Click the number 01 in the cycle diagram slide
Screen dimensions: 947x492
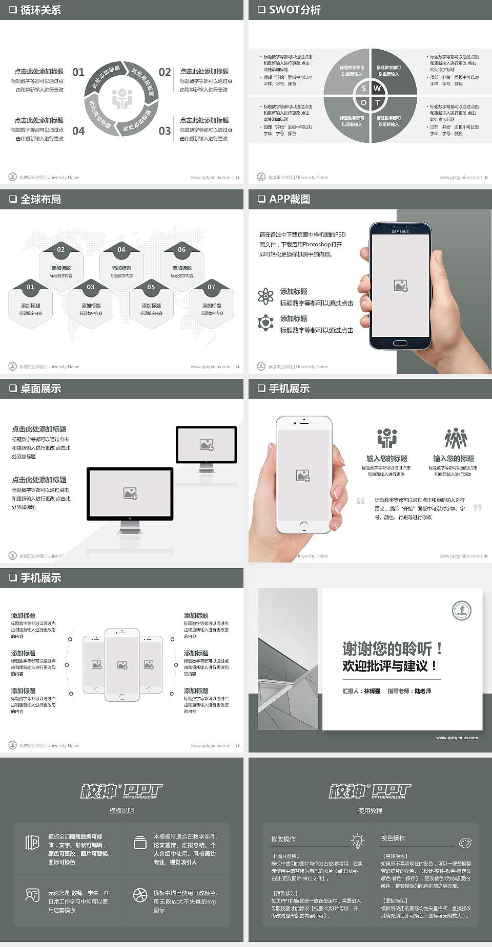(x=78, y=72)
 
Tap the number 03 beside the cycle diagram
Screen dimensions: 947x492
(x=165, y=131)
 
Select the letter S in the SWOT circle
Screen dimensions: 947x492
(x=364, y=89)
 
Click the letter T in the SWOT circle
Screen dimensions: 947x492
(x=378, y=102)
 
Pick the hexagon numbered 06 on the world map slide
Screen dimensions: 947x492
(x=182, y=250)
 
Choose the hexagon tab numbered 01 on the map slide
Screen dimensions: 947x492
(x=30, y=287)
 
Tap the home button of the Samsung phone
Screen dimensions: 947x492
(x=400, y=342)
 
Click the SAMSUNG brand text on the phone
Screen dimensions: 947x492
(x=400, y=232)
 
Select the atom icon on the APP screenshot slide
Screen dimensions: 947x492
(x=265, y=296)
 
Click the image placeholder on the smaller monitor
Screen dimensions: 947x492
(x=207, y=444)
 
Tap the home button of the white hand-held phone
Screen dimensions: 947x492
(x=303, y=526)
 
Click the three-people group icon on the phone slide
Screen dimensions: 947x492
(x=456, y=439)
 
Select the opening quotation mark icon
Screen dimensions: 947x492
(x=361, y=501)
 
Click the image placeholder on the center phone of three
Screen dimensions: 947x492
(x=122, y=665)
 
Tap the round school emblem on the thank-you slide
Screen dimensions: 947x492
(x=461, y=610)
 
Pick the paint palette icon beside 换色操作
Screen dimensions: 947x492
(x=465, y=843)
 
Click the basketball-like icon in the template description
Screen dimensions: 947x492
(x=140, y=895)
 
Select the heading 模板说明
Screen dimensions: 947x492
(x=121, y=811)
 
